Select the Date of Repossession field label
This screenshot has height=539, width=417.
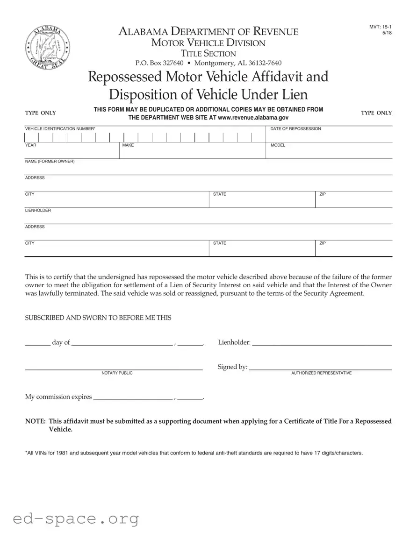[295, 129]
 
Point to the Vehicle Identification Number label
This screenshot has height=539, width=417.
[60, 129]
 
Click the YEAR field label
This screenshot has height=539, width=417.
[31, 145]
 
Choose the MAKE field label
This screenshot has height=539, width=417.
[128, 145]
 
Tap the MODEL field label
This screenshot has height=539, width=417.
[278, 145]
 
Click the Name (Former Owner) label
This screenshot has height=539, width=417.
[50, 162]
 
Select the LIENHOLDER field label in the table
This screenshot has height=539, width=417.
[38, 211]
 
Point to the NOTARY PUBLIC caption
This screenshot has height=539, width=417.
[117, 373]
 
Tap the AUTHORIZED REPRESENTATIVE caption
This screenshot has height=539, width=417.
[321, 373]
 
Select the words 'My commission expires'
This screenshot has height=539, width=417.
[58, 397]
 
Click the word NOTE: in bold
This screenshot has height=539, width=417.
[35, 421]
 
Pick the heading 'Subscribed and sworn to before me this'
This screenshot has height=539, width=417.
[98, 318]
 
